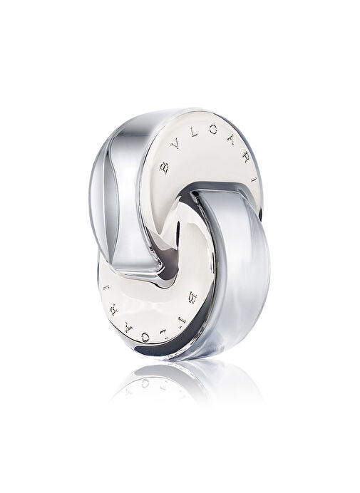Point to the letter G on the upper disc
tap(214, 129)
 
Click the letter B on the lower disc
tap(192, 297)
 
